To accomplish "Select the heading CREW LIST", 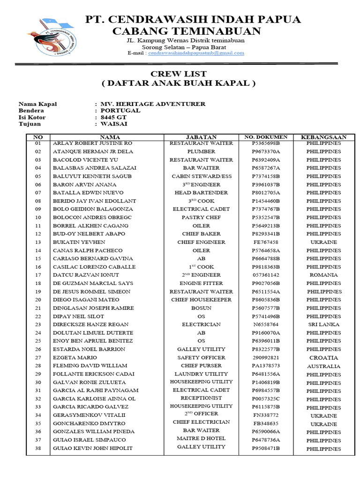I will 178,74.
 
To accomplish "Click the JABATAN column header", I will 201,137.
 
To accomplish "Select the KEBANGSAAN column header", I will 323,137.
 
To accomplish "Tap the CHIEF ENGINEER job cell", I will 201,242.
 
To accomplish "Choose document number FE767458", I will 266,242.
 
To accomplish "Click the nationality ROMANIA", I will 323,275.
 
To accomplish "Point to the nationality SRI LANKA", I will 323,324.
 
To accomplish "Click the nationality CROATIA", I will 323,358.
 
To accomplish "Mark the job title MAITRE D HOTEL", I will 201,439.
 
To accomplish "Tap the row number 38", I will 38,449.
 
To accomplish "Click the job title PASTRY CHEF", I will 201,217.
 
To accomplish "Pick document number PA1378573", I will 266,366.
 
